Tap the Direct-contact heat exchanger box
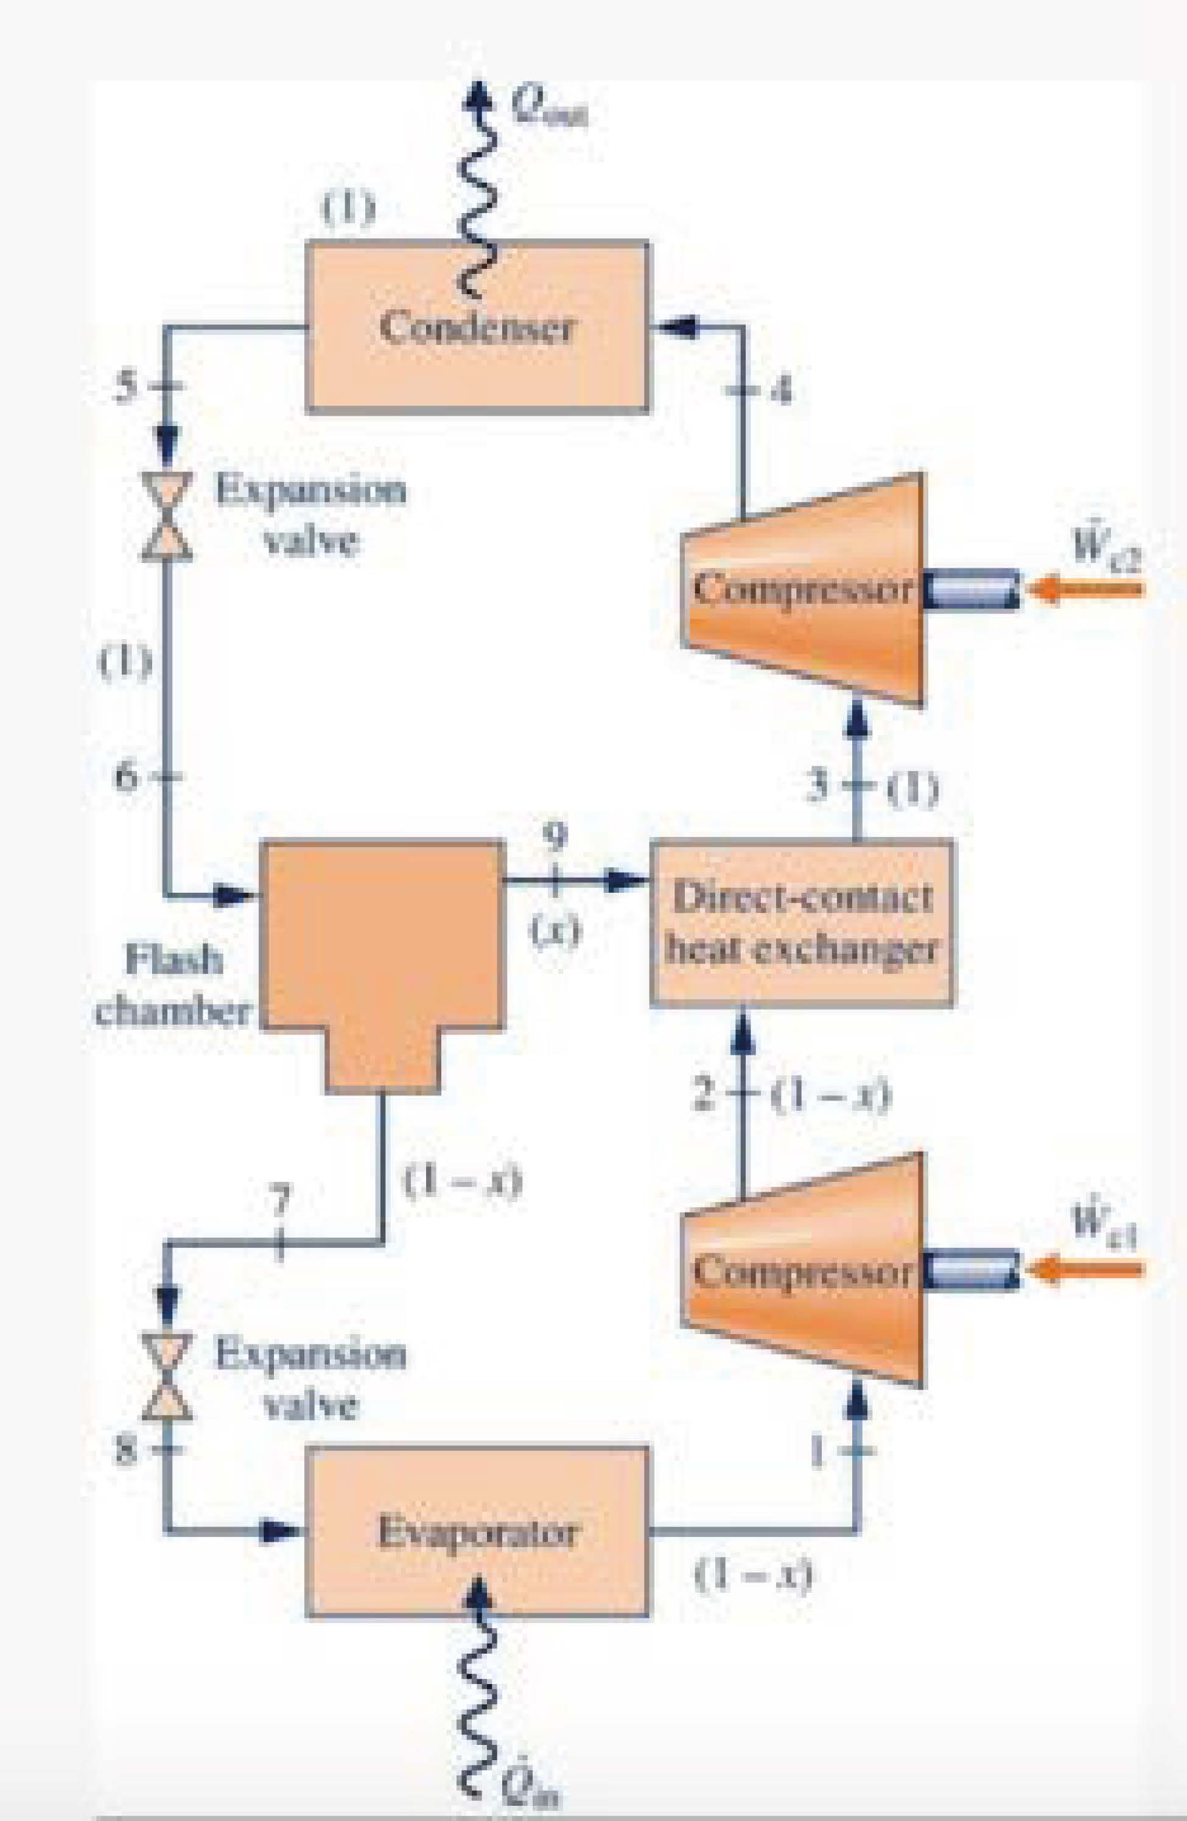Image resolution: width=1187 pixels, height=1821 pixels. click(801, 923)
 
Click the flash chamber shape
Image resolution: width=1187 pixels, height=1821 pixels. click(383, 949)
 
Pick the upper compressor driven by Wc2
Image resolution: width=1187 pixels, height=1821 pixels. click(802, 589)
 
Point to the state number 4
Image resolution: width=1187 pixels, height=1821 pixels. click(782, 391)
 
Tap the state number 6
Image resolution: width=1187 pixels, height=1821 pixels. click(128, 777)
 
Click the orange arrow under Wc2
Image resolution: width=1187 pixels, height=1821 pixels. click(1087, 589)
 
